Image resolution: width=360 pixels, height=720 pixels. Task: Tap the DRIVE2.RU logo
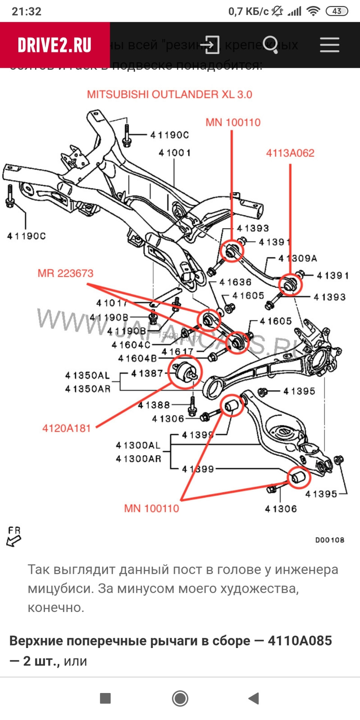coord(55,45)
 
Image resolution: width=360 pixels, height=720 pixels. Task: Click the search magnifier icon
coord(270,45)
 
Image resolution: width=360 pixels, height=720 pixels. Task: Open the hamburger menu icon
coord(329,45)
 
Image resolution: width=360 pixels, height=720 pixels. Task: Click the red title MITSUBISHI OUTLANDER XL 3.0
coord(169,94)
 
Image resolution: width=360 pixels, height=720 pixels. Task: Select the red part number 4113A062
coord(290,153)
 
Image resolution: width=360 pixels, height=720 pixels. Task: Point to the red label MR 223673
coord(65,273)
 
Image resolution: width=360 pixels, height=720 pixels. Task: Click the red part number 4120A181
coord(66,428)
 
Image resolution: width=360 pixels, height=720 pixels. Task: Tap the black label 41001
coord(175,153)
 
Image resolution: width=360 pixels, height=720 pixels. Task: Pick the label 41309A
coord(298,258)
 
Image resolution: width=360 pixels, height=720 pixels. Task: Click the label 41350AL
coord(87,375)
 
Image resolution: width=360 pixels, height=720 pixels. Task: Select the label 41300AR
coord(138,459)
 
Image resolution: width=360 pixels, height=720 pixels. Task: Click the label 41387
coord(147,373)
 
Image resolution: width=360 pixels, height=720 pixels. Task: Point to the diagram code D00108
coord(329,540)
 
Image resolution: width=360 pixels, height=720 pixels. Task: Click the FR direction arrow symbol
coord(14,537)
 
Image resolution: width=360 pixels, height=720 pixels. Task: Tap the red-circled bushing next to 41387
coord(185,372)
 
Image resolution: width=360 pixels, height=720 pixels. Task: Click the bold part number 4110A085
coord(300,641)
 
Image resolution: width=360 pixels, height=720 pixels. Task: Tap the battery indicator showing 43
coord(337,11)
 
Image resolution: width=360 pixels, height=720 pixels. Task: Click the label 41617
coord(177,352)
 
